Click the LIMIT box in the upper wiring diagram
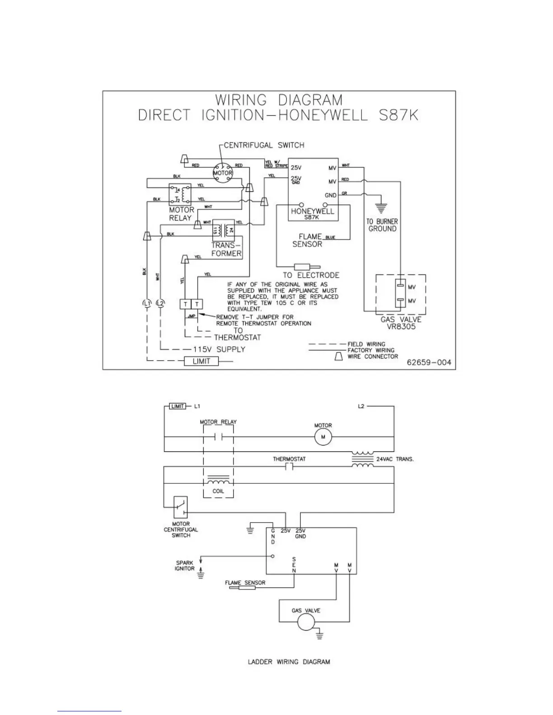(x=201, y=361)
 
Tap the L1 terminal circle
(x=146, y=303)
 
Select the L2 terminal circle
(x=160, y=303)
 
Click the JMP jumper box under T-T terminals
(x=192, y=316)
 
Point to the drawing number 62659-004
(x=428, y=362)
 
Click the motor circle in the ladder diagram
(x=323, y=437)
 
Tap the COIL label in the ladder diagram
(x=218, y=492)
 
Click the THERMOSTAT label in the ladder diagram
(x=289, y=459)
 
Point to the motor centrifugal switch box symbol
(x=181, y=506)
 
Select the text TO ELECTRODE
(x=311, y=275)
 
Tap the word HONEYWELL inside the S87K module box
(x=313, y=211)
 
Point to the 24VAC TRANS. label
(x=395, y=459)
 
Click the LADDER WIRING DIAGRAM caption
(x=289, y=662)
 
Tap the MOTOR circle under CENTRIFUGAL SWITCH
(x=223, y=173)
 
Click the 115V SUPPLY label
(x=219, y=349)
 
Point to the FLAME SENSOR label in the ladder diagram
(x=245, y=582)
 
